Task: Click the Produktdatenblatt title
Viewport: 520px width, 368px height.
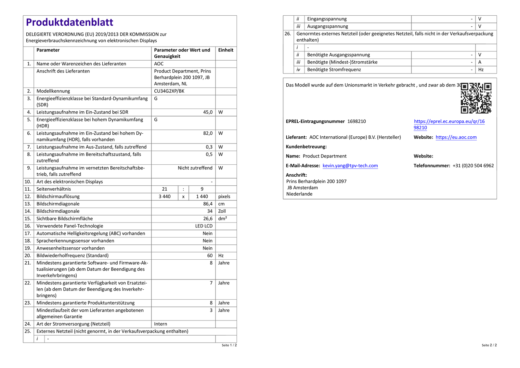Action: pos(70,22)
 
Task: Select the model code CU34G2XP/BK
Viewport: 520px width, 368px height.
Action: pos(169,91)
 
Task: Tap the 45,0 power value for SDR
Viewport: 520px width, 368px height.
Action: pos(208,112)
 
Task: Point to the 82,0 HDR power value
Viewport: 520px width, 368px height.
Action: pos(208,133)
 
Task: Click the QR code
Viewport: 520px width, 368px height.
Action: pos(476,98)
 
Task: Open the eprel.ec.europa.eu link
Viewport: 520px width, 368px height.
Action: pos(449,125)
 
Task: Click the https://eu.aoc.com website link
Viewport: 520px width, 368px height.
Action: pos(456,137)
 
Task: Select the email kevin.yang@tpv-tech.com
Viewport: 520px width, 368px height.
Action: pos(350,166)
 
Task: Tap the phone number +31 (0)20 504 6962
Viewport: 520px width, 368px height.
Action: pos(473,166)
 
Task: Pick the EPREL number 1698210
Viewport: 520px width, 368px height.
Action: pos(357,121)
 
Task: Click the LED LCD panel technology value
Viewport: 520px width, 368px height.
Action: pos(204,226)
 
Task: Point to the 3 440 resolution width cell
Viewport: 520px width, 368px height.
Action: pos(164,197)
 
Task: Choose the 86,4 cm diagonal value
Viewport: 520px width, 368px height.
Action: pos(208,204)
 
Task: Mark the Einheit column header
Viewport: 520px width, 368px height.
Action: pos(226,50)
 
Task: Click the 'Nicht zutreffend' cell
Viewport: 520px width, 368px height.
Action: pos(195,168)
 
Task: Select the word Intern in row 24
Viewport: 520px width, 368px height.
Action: pos(161,324)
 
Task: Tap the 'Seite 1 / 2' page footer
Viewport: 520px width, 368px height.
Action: pos(229,345)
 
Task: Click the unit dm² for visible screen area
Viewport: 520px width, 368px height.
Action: pos(222,219)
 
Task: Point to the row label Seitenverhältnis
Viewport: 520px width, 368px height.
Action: pos(54,189)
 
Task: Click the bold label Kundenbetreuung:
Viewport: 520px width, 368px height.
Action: pos(306,147)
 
